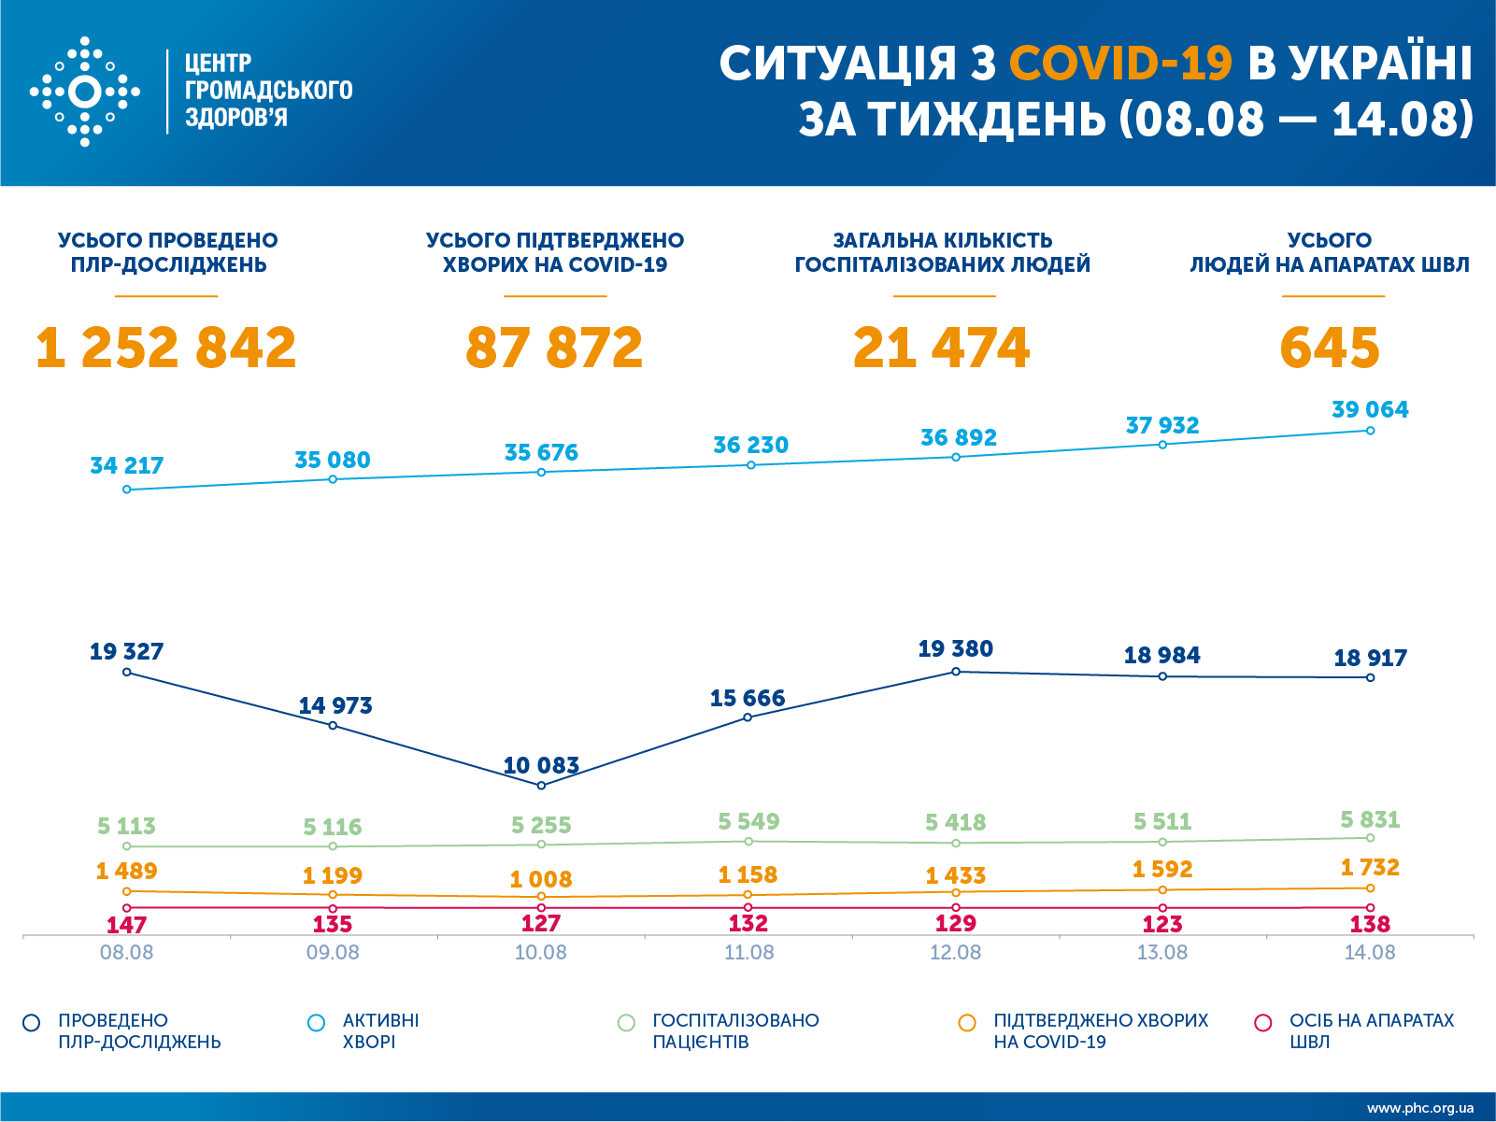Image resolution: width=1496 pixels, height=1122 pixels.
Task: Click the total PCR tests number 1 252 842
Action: (x=166, y=348)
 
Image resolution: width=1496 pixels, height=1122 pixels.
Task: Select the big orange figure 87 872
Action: (x=554, y=348)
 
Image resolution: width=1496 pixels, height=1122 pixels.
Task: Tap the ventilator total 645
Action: (x=1329, y=348)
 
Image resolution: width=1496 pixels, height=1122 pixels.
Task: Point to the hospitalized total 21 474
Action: (x=941, y=348)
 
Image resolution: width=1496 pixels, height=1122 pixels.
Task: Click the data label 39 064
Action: (x=1370, y=409)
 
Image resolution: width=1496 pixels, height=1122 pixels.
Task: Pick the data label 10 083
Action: (x=541, y=766)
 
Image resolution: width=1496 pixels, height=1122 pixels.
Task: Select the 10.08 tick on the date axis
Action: (x=541, y=953)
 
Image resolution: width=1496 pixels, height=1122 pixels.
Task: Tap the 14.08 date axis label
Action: (x=1370, y=953)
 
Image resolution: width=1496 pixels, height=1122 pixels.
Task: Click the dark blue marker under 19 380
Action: (x=956, y=672)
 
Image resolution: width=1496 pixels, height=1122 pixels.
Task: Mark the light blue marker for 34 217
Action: (x=127, y=490)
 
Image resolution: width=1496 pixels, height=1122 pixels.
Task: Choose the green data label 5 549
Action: (x=748, y=821)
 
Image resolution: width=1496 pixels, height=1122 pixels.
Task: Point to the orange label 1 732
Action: (x=1370, y=868)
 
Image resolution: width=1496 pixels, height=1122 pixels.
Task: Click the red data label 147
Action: (x=127, y=925)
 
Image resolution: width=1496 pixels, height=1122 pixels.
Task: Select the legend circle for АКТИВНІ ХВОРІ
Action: (x=317, y=1023)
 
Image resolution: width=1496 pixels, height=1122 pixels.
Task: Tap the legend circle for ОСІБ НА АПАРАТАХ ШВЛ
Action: (x=1263, y=1023)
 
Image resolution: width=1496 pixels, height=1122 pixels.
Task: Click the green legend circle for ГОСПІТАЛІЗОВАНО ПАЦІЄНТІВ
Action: (x=626, y=1023)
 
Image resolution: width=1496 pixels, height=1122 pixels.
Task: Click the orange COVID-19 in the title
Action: (x=1120, y=64)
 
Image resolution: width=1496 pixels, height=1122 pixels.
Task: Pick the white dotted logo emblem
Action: (x=85, y=92)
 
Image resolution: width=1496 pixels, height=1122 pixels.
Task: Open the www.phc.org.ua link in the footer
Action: (x=1420, y=1108)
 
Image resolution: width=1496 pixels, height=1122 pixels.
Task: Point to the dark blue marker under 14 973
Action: (x=333, y=725)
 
